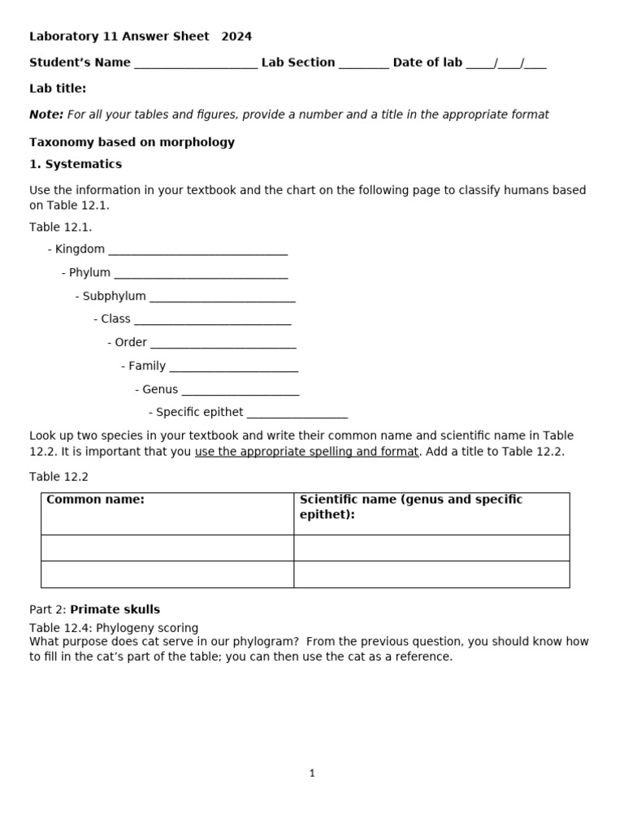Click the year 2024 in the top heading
pos(236,37)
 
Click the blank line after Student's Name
pos(195,64)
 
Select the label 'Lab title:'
pos(58,89)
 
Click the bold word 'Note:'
pos(46,115)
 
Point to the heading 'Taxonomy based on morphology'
pos(132,142)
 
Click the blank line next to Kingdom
pos(197,251)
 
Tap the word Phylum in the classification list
pos(89,273)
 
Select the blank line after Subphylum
pos(222,298)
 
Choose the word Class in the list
pos(115,319)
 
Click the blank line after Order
pos(223,344)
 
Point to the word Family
pos(147,366)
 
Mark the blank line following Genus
pos(240,392)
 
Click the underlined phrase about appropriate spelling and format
pos(306,452)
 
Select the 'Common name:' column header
pos(96,500)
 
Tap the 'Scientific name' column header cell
pos(411,507)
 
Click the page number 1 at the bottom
pos(312,773)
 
